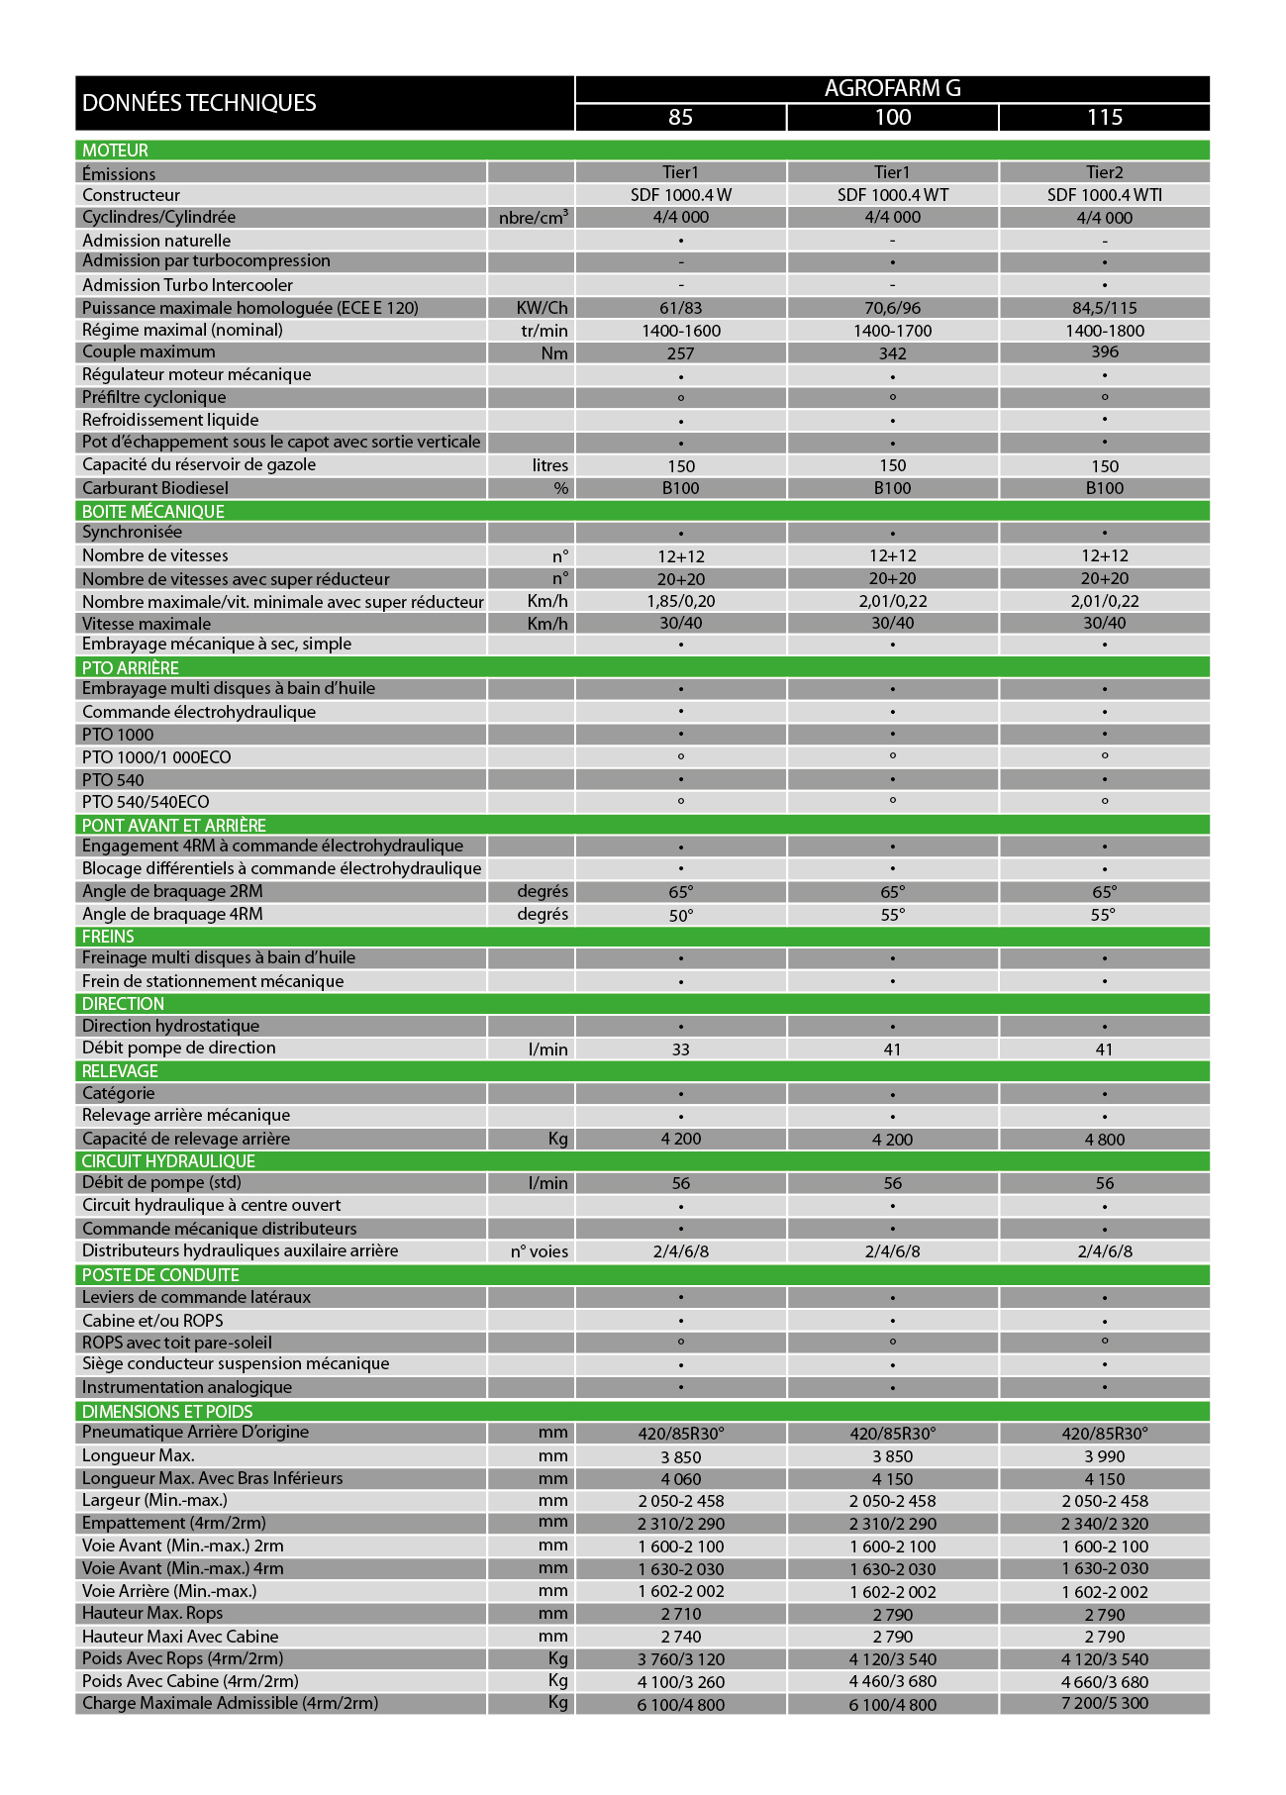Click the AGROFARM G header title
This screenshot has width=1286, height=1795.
pyautogui.click(x=892, y=88)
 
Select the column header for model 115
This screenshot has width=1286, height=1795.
pyautogui.click(x=1104, y=117)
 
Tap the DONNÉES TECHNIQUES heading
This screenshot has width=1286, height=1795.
pyautogui.click(x=199, y=103)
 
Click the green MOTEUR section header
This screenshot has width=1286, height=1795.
pyautogui.click(x=116, y=150)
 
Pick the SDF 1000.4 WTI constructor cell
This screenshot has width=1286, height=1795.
pyautogui.click(x=1104, y=195)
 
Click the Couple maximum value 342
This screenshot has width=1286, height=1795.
pyautogui.click(x=892, y=353)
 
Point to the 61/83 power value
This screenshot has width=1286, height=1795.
pyautogui.click(x=681, y=308)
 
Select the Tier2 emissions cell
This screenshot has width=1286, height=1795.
pyautogui.click(x=1104, y=172)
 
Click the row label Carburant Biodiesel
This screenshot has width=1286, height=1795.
pyautogui.click(x=155, y=488)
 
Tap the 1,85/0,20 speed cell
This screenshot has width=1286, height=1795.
pyautogui.click(x=681, y=601)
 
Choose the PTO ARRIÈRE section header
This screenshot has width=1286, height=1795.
pyautogui.click(x=131, y=668)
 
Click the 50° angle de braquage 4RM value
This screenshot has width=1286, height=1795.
pyautogui.click(x=681, y=915)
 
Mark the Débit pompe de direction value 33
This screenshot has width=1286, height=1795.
pyautogui.click(x=681, y=1049)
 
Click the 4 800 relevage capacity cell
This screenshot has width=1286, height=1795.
pyautogui.click(x=1104, y=1140)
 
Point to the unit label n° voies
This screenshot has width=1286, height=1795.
pyautogui.click(x=540, y=1251)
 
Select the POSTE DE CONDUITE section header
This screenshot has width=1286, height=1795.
pyautogui.click(x=160, y=1275)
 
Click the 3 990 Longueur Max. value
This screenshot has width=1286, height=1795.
pyautogui.click(x=1104, y=1456)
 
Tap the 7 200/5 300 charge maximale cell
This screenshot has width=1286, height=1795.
pyautogui.click(x=1104, y=1704)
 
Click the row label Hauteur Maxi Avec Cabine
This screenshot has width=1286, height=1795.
pyautogui.click(x=180, y=1637)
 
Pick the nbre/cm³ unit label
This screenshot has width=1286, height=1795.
pyautogui.click(x=534, y=218)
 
